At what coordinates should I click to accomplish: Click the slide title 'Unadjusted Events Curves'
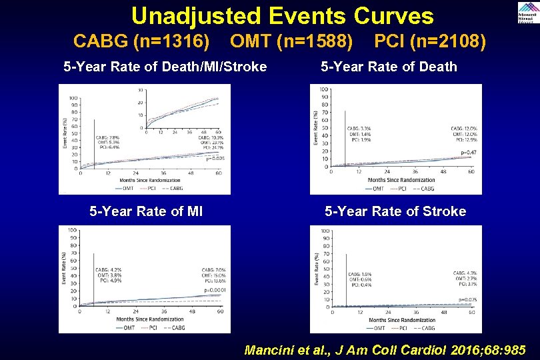click(x=282, y=16)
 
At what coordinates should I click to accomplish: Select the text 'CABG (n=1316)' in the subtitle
click(x=141, y=43)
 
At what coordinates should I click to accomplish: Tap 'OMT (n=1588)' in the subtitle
click(x=291, y=43)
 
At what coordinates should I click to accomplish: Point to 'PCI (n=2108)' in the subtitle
click(x=430, y=43)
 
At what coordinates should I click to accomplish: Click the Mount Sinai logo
click(x=526, y=13)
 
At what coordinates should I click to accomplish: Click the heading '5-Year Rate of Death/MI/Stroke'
click(x=165, y=67)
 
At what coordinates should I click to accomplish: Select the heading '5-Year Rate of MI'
click(x=146, y=212)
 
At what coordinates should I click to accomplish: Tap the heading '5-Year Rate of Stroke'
click(x=395, y=212)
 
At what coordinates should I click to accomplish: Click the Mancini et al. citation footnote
click(x=385, y=350)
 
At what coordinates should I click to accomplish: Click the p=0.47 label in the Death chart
click(x=469, y=153)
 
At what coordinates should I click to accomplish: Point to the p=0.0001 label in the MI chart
click(x=215, y=291)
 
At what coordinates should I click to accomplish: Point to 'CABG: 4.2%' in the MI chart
click(x=109, y=270)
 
